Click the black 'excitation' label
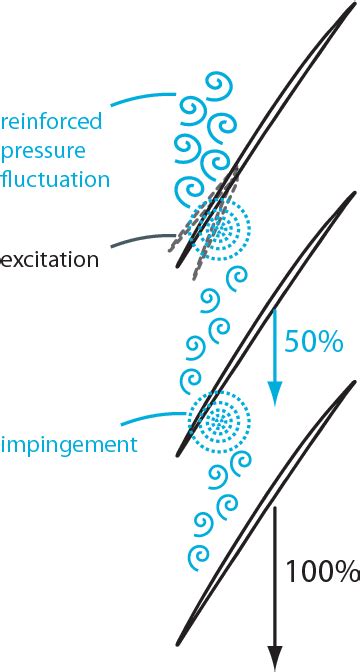pyautogui.click(x=50, y=260)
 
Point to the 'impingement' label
pyautogui.click(x=68, y=445)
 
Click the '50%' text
pyautogui.click(x=314, y=341)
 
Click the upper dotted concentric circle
pyautogui.click(x=218, y=231)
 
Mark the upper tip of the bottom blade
pyautogui.click(x=355, y=383)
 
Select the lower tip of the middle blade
pyautogui.click(x=178, y=455)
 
